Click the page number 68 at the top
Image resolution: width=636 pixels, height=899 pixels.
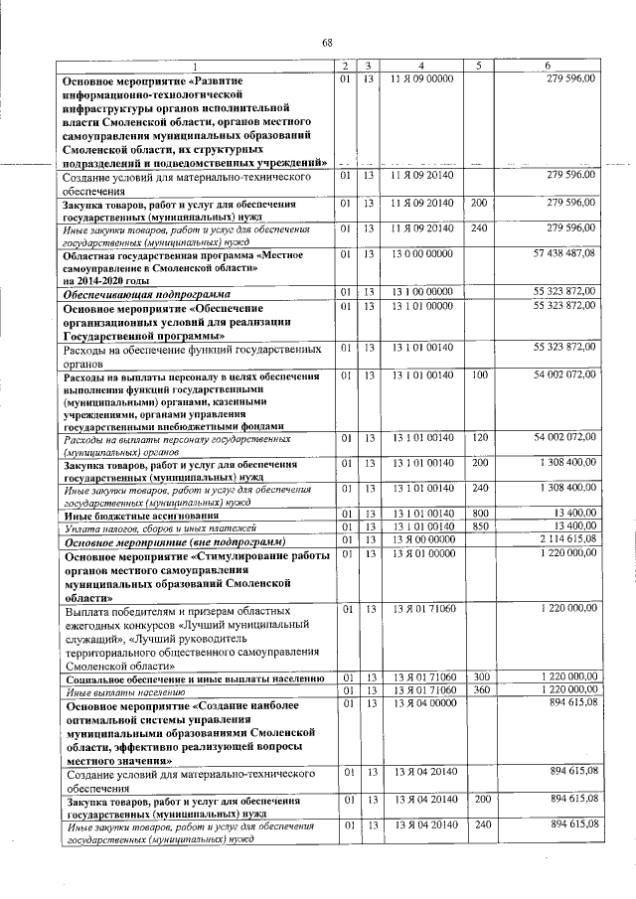(326, 41)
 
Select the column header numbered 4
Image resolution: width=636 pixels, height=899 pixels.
(421, 66)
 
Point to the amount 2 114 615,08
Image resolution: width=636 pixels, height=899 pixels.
(563, 539)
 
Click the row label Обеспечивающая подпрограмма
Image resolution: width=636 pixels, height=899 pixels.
(147, 295)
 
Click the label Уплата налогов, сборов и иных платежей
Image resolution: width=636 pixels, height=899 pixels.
(160, 527)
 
